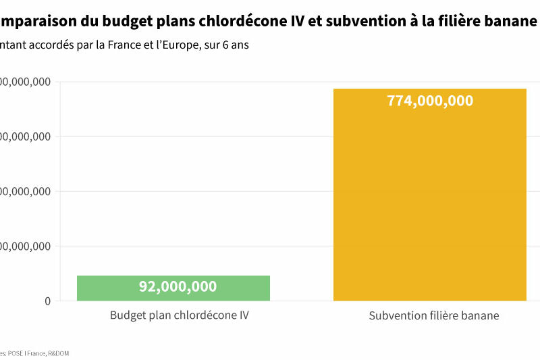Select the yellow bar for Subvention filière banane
429,203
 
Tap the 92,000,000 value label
178,286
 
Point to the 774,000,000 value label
430,101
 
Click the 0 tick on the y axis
47,301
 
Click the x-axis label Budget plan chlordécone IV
179,315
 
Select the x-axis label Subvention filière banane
434,315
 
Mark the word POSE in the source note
16,353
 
